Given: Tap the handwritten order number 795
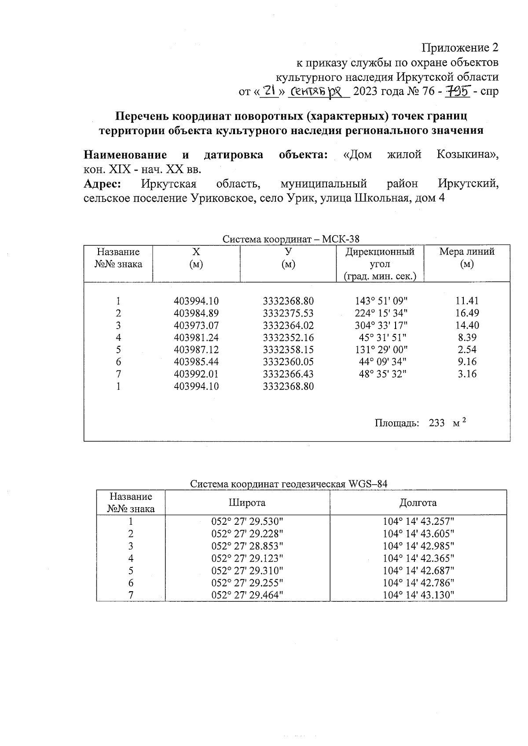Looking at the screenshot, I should pos(458,91).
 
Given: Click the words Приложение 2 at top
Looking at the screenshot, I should pos(460,48).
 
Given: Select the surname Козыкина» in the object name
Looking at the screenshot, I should pos(468,155).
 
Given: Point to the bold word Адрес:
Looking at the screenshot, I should pos(102,183).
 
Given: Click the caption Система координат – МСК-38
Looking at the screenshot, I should pos(291,239).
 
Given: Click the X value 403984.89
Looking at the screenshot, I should pos(196,313).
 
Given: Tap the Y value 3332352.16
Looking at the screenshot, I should pos(288,338).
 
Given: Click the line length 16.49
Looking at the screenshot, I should pos(467,313).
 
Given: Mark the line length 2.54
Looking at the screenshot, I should pos(467,350).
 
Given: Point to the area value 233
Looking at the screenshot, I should pos(436,423).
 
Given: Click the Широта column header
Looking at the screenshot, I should pos(247,503).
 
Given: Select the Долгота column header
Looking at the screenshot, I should pos(418,503).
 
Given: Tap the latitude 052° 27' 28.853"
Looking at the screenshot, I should pos(247,546).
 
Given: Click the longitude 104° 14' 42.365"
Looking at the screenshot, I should pos(418,558).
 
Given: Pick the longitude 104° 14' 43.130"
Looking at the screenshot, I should pos(418,595).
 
